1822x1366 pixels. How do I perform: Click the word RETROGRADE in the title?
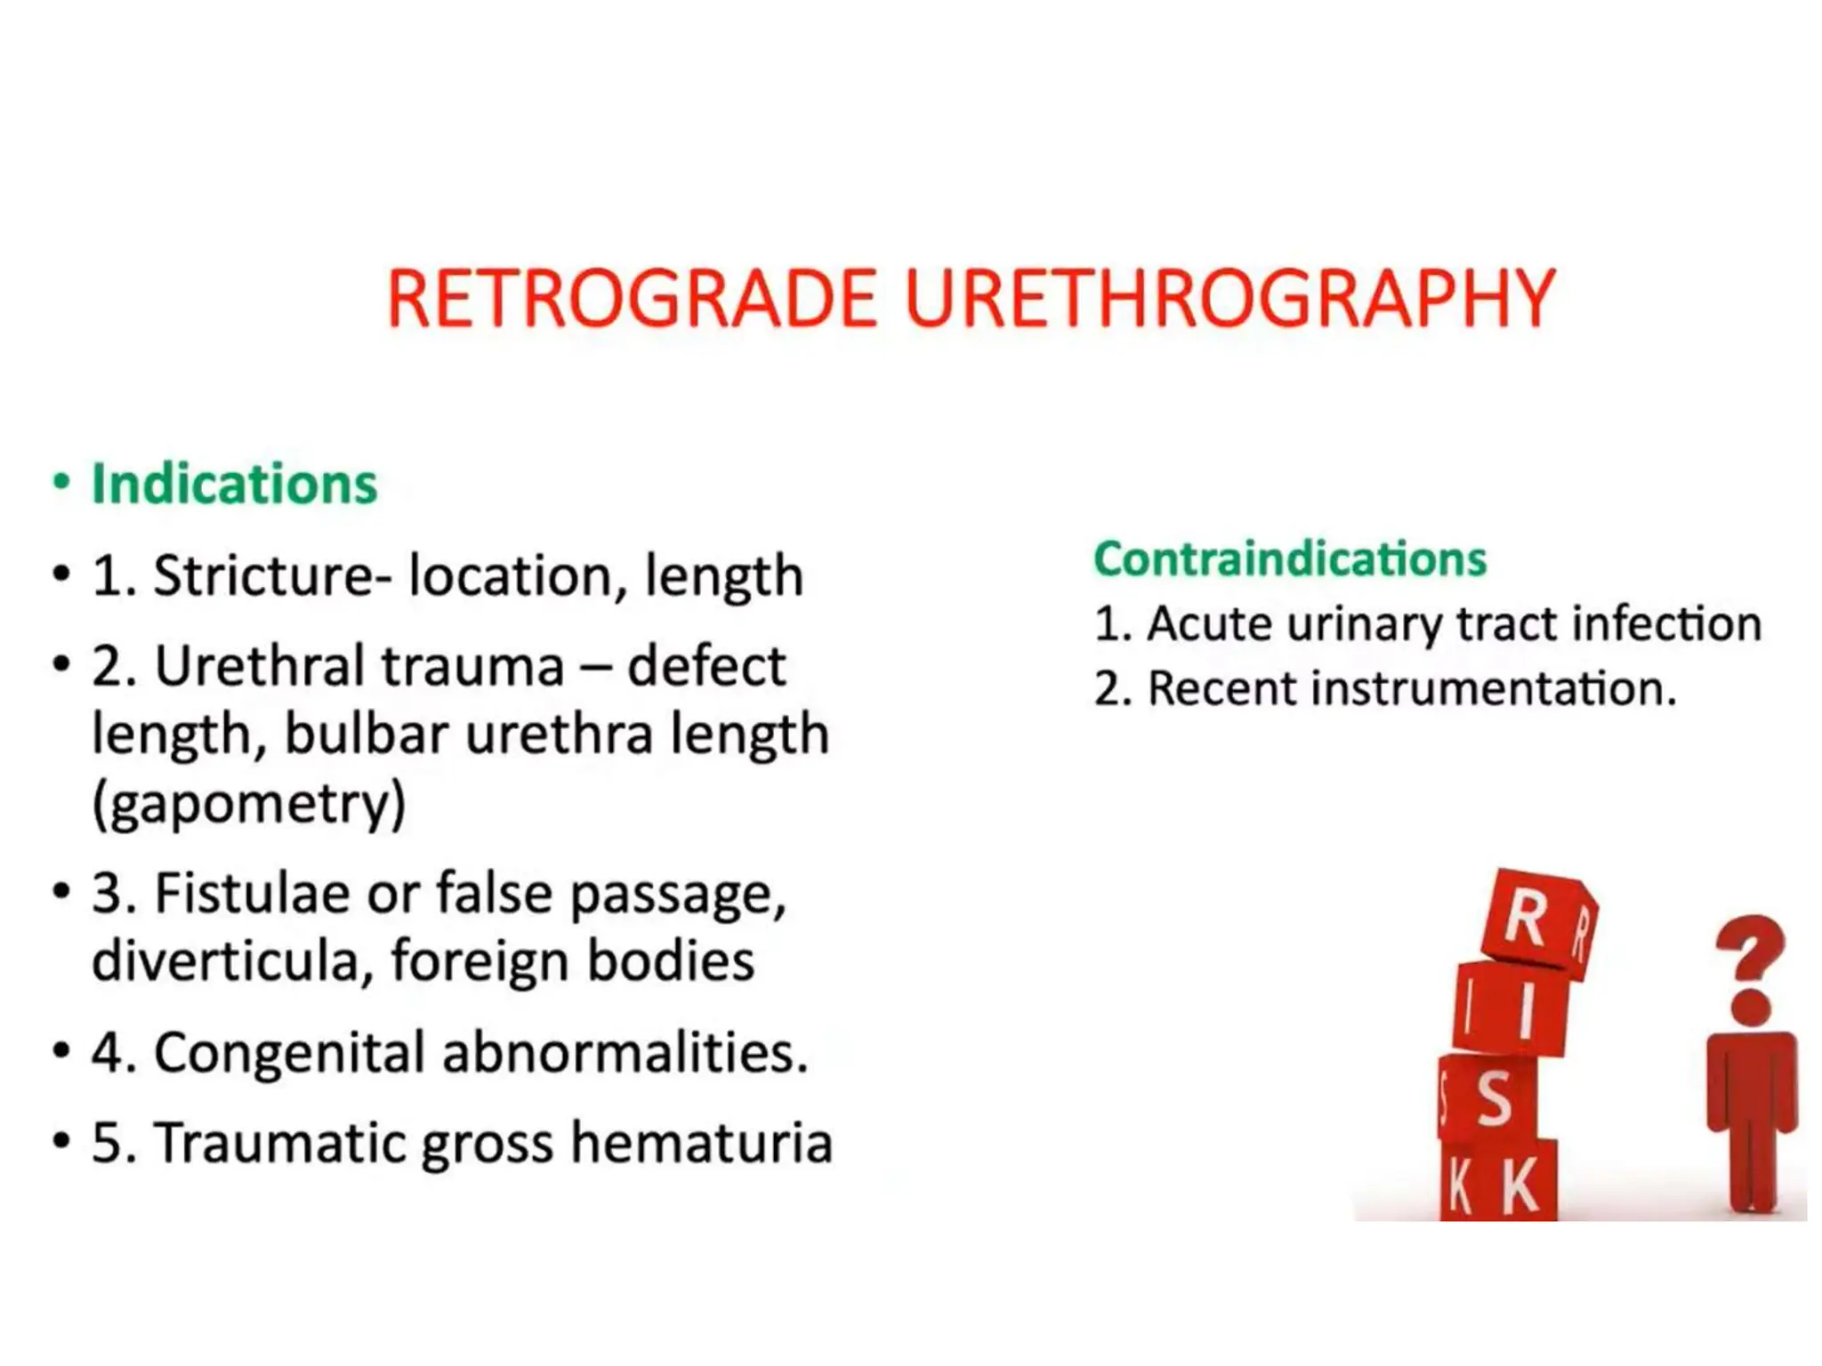(x=633, y=299)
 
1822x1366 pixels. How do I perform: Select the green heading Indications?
(x=235, y=485)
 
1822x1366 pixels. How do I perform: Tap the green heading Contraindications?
(x=1290, y=559)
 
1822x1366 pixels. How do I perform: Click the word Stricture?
(x=263, y=575)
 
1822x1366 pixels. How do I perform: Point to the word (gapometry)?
(x=249, y=802)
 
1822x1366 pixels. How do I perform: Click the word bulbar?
(x=367, y=735)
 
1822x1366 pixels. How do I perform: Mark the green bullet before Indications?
(x=60, y=483)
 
